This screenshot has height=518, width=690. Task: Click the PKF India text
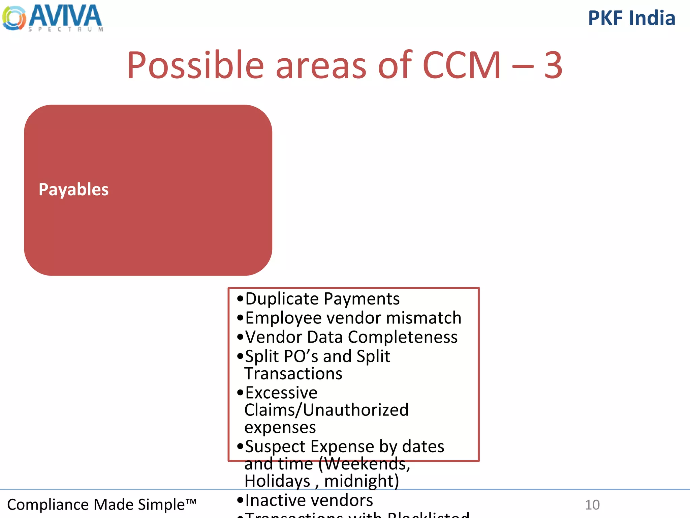(x=631, y=18)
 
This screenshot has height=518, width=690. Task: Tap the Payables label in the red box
(x=73, y=190)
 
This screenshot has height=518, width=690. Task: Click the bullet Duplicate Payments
(x=322, y=299)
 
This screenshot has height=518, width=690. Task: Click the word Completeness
(x=403, y=337)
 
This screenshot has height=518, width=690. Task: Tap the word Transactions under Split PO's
(x=293, y=374)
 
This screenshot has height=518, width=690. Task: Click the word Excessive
(x=281, y=393)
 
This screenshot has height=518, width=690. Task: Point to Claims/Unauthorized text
(x=326, y=410)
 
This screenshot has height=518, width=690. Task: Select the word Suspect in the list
(x=275, y=447)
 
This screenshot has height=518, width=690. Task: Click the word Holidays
(x=277, y=481)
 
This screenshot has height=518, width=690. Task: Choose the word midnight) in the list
(x=361, y=481)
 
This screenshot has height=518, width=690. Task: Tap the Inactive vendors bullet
(x=309, y=500)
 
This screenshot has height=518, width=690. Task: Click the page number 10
(x=592, y=505)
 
